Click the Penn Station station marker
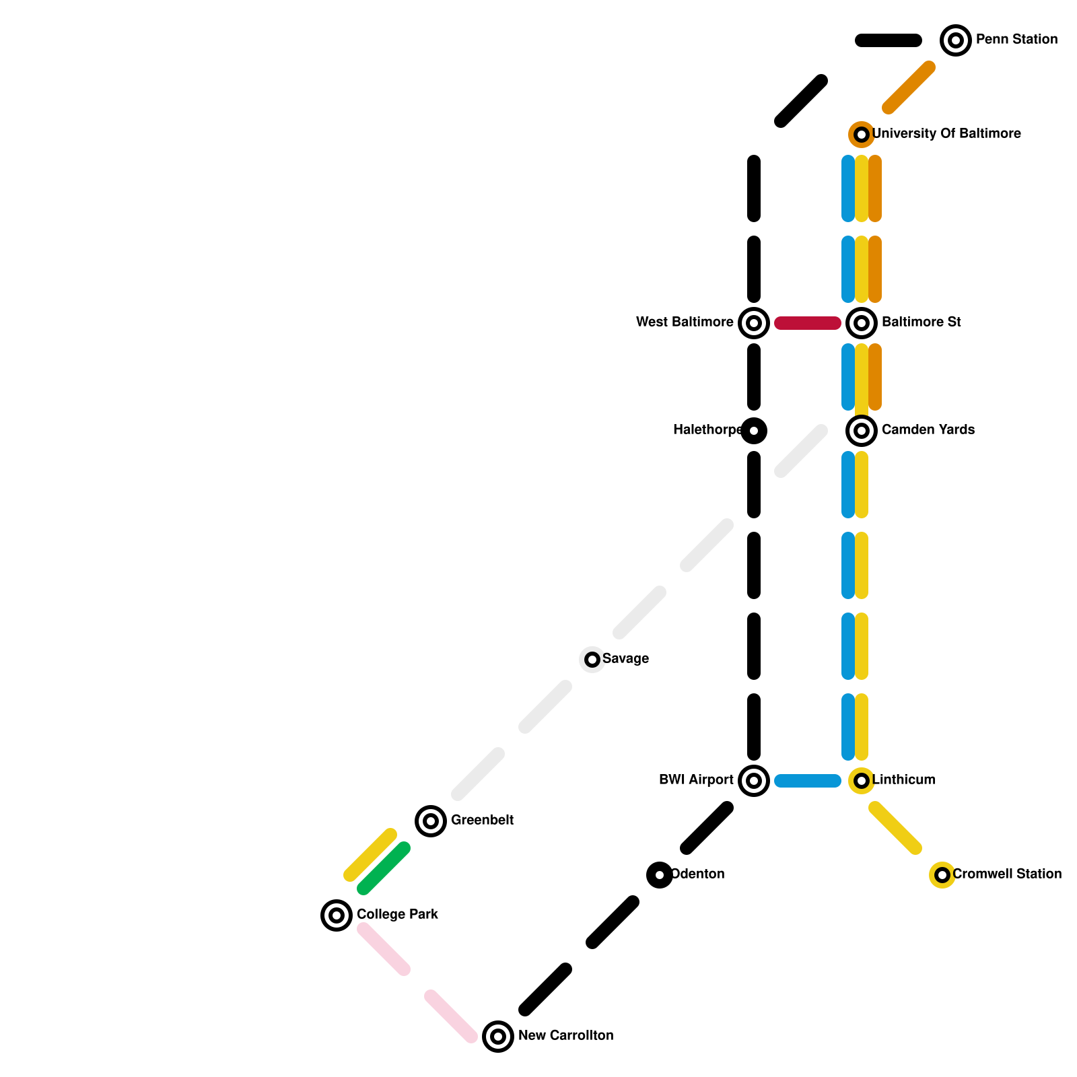[955, 40]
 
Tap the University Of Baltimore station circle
[861, 135]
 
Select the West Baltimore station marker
[754, 323]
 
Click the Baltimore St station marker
[861, 323]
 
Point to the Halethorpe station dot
[754, 431]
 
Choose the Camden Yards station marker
[861, 431]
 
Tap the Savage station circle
[592, 660]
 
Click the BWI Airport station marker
[754, 781]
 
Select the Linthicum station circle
[861, 781]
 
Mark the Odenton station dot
[660, 875]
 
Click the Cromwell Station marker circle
[942, 875]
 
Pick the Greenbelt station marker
[431, 821]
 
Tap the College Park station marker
[337, 915]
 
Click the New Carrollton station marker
[497, 1037]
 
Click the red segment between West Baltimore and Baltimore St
[808, 323]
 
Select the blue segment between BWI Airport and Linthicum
[808, 781]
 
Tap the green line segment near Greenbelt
[384, 868]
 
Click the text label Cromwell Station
[1007, 874]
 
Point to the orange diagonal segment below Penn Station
[909, 88]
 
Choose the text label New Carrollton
[565, 1036]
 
